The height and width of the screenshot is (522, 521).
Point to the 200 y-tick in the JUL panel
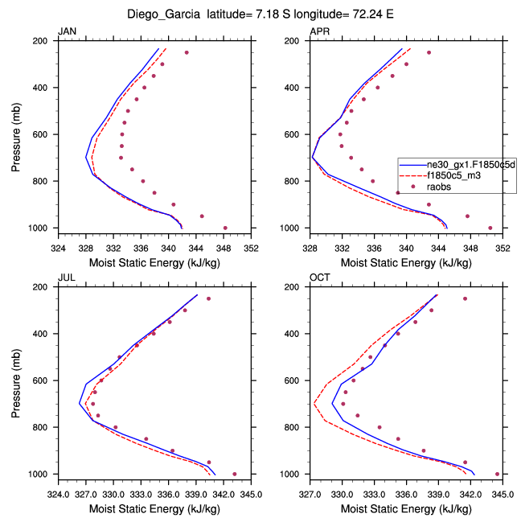click(x=45, y=287)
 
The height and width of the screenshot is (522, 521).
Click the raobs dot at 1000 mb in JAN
click(x=225, y=228)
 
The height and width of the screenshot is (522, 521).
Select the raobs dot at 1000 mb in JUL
click(x=234, y=474)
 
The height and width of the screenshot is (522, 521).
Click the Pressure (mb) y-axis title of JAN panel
click(x=17, y=134)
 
